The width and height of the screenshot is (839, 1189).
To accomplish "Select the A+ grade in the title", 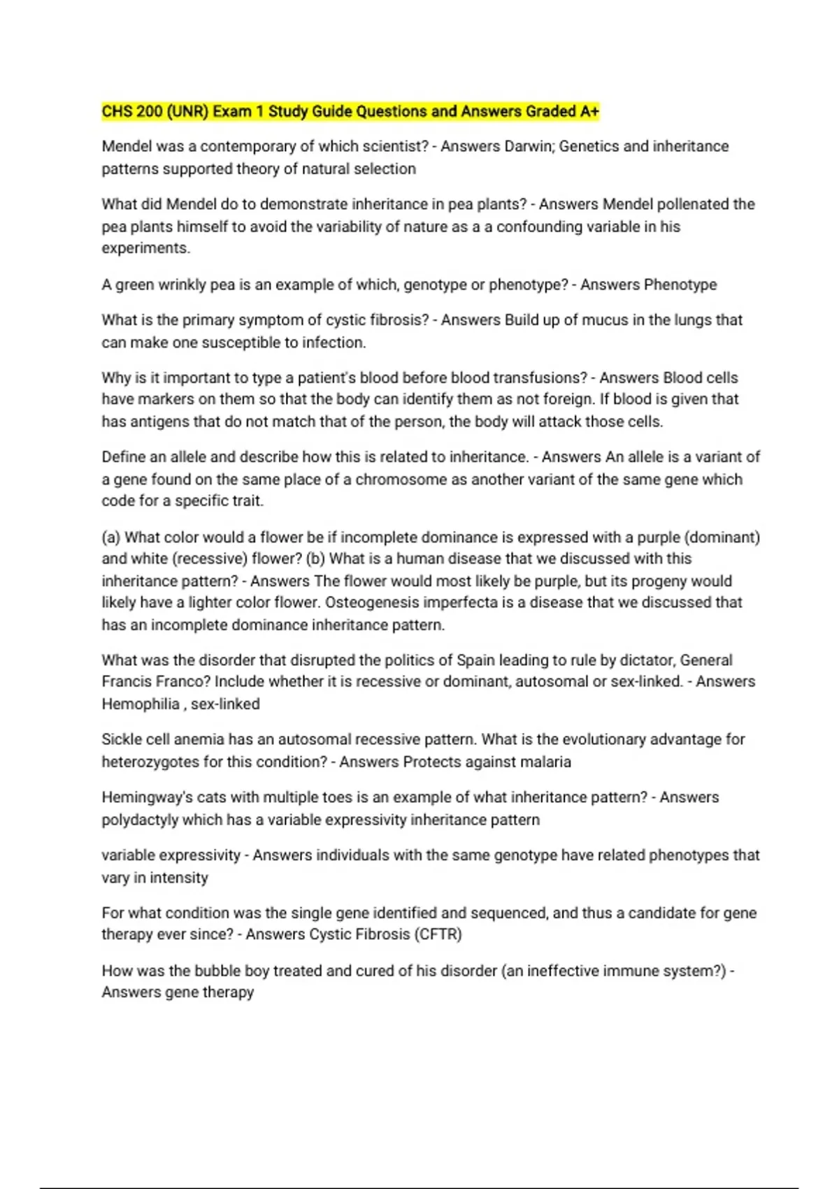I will [589, 111].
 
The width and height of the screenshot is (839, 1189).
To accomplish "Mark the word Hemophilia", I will [141, 704].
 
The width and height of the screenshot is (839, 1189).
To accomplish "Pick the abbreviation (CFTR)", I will [438, 934].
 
